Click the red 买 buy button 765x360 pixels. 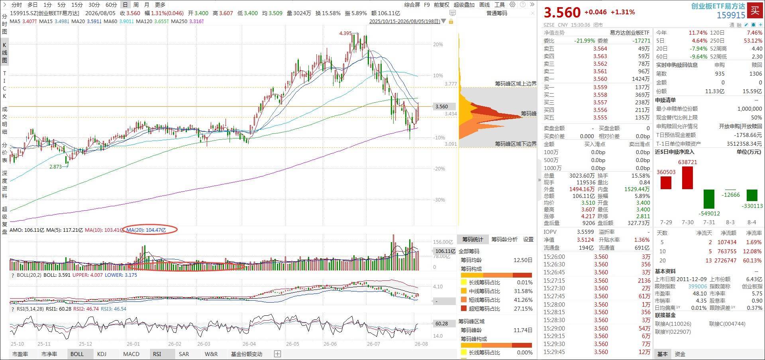755,10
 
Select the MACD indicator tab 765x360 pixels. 131,354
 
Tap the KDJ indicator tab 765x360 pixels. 102,354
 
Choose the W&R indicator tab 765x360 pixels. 211,354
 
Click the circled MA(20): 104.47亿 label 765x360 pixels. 146,230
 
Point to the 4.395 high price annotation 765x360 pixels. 345,33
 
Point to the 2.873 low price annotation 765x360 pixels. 55,167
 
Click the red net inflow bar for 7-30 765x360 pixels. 687,178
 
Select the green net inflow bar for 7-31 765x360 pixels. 709,199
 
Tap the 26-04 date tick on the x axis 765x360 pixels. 249,344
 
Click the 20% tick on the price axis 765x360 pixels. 438,44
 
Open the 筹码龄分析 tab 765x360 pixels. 504,239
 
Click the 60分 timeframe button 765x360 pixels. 111,5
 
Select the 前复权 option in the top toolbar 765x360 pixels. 441,5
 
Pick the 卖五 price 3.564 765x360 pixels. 600,49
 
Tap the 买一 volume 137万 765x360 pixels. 642,87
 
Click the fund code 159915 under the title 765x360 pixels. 731,15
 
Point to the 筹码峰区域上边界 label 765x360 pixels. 516,84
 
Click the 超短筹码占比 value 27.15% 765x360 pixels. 523,309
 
